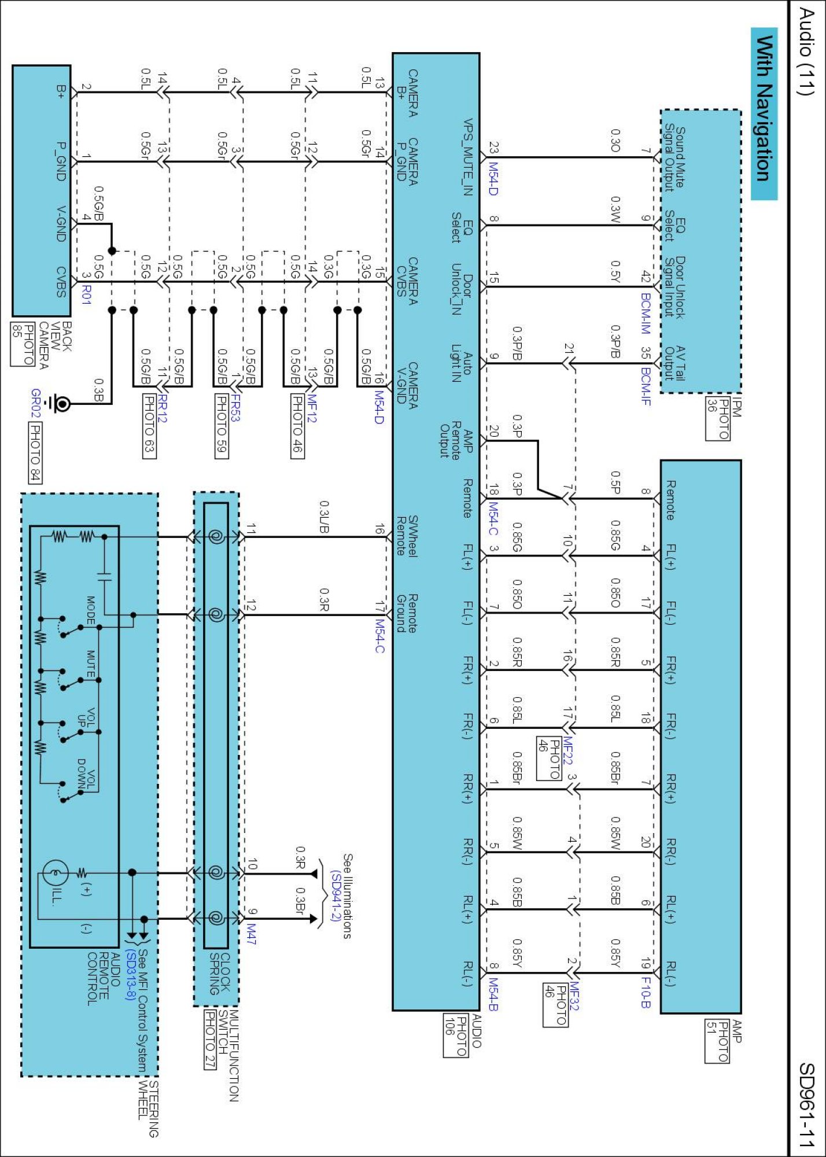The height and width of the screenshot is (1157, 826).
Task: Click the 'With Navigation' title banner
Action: tap(764, 113)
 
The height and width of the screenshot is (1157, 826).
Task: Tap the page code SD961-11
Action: tap(806, 1104)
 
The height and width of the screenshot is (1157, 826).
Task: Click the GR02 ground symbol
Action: tap(60, 403)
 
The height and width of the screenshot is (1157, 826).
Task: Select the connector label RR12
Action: tap(162, 408)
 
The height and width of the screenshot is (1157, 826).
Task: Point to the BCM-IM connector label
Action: tap(646, 313)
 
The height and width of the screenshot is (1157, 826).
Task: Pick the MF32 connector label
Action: tap(574, 996)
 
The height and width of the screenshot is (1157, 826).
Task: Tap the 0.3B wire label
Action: tap(99, 390)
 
